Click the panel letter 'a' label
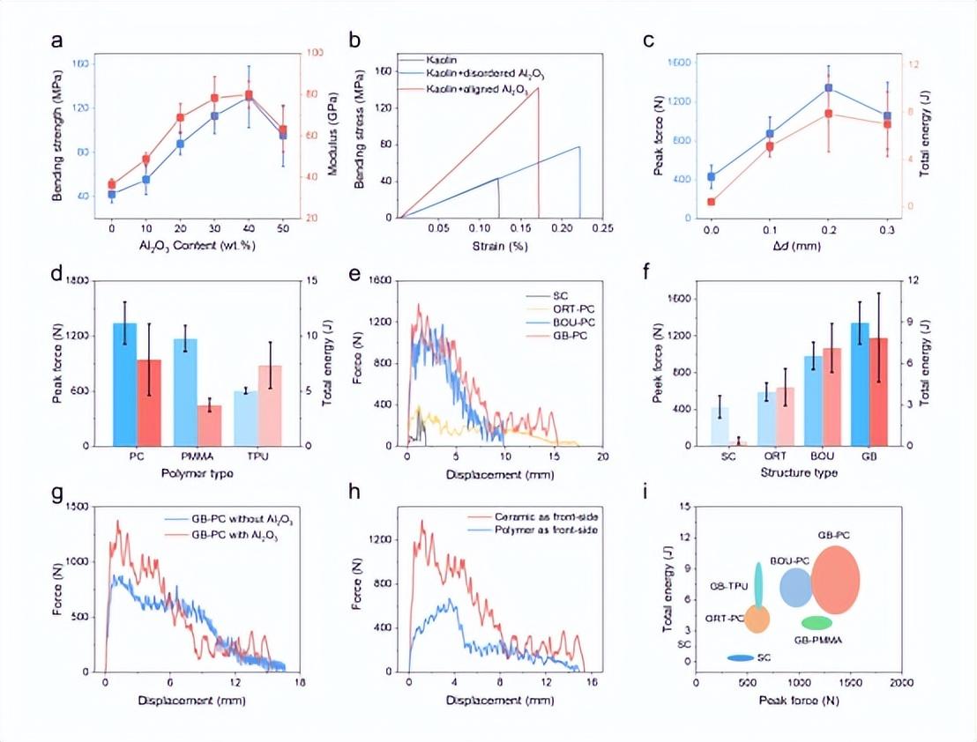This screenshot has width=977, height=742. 57,41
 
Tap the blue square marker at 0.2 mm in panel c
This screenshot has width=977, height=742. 828,88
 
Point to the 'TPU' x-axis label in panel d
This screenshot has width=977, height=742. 245,458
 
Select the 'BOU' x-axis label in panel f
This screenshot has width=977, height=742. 812,458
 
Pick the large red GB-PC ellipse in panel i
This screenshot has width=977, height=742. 835,579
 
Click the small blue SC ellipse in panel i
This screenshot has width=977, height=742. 740,658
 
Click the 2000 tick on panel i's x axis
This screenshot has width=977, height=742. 900,684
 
